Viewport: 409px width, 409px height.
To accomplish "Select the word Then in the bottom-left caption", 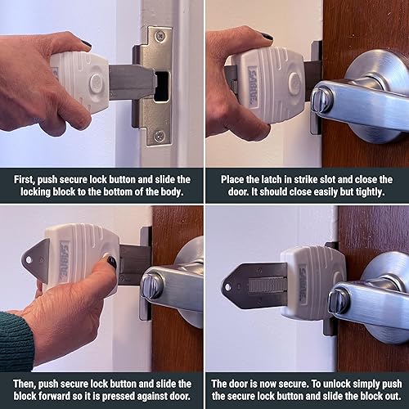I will click(x=27, y=383).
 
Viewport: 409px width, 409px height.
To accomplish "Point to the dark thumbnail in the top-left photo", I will click(x=86, y=43).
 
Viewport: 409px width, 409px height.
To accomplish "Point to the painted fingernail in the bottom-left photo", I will click(x=110, y=263).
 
